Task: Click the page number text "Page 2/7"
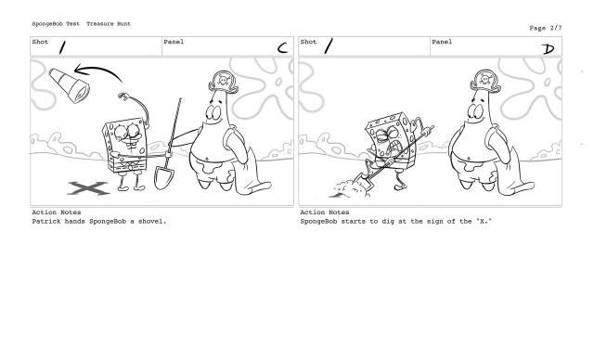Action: pyautogui.click(x=546, y=28)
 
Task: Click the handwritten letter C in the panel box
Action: pyautogui.click(x=282, y=48)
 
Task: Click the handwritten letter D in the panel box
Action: pyautogui.click(x=549, y=49)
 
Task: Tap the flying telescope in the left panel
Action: pyautogui.click(x=70, y=85)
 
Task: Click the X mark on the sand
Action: pyautogui.click(x=88, y=188)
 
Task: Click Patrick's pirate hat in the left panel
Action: pyautogui.click(x=224, y=83)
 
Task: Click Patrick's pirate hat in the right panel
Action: pyautogui.click(x=485, y=81)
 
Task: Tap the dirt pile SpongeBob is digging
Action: pyautogui.click(x=351, y=188)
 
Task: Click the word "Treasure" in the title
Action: pyautogui.click(x=100, y=24)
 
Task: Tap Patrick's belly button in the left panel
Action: pyautogui.click(x=207, y=159)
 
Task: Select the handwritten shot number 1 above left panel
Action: pyautogui.click(x=62, y=47)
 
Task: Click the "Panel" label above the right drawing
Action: pyautogui.click(x=442, y=42)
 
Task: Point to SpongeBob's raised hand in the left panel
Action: pyautogui.click(x=123, y=96)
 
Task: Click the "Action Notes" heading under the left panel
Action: pyautogui.click(x=57, y=212)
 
